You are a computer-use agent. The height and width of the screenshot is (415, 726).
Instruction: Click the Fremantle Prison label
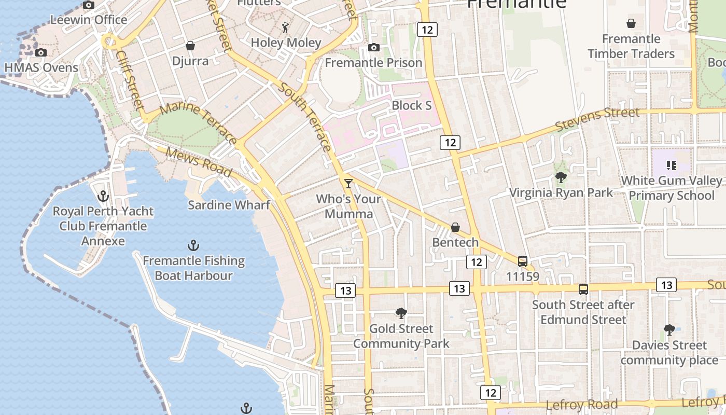point(373,63)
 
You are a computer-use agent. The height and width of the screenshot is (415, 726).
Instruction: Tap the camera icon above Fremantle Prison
point(373,48)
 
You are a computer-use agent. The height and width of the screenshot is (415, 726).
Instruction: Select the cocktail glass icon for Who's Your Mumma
point(348,184)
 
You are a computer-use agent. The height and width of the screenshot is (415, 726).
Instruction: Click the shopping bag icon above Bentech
point(455,227)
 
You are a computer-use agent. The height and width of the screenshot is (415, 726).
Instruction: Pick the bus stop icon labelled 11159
point(523,261)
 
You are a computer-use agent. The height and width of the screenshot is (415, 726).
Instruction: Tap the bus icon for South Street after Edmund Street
point(583,289)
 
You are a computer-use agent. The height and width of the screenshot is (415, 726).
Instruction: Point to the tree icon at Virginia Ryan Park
point(561,177)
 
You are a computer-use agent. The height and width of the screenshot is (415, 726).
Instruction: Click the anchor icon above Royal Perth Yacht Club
point(103,196)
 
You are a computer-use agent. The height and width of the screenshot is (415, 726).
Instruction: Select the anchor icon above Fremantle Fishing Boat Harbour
point(193,245)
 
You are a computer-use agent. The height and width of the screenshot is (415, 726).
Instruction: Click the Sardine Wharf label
point(229,205)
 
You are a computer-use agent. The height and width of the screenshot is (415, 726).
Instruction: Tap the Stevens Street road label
point(597,120)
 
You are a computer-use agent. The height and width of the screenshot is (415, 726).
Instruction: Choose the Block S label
point(412,105)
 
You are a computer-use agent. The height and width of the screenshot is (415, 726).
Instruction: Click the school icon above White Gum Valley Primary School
point(672,165)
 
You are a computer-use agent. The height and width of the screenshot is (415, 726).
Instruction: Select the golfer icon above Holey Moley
point(286,27)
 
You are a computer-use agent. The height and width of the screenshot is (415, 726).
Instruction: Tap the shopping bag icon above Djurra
point(190,46)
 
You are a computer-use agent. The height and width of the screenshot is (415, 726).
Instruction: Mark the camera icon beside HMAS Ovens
point(41,52)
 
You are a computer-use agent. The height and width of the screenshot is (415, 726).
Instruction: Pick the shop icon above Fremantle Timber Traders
point(631,23)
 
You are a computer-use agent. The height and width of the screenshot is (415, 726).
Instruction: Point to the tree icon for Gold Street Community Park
point(401,313)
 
